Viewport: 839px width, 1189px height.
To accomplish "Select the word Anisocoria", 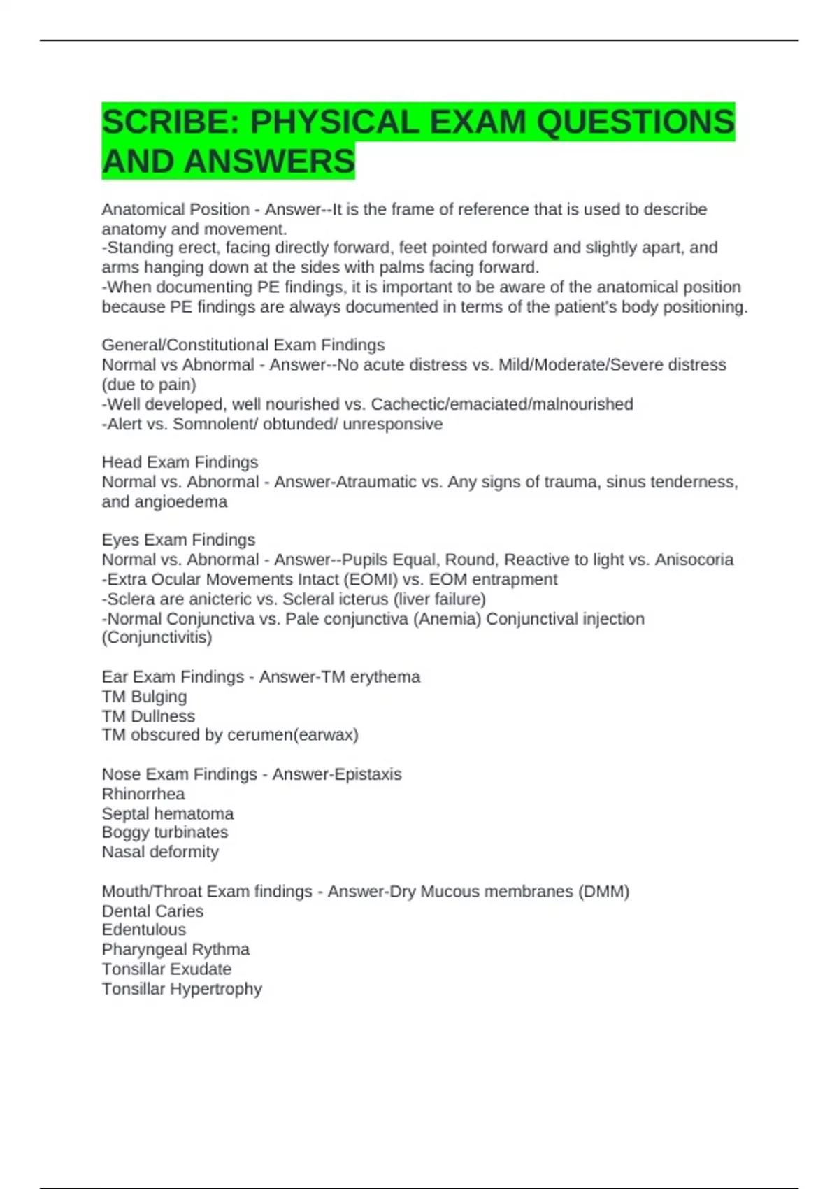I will (694, 560).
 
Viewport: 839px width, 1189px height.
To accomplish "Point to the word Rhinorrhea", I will (143, 794).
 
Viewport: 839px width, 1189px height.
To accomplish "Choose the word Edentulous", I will (144, 930).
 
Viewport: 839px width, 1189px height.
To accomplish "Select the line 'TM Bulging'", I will (145, 697).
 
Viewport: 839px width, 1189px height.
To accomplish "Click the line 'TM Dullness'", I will (148, 716).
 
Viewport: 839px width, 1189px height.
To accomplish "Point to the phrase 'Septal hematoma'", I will (168, 813).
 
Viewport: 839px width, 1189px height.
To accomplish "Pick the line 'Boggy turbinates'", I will (165, 832).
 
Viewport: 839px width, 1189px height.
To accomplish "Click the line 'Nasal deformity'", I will (160, 852).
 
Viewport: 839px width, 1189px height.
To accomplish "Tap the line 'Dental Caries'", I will (152, 911).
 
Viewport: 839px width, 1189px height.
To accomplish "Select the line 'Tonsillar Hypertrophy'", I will (182, 989).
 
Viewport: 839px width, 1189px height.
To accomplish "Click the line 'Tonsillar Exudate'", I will (166, 969).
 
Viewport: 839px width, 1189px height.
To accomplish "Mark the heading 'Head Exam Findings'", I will (180, 462).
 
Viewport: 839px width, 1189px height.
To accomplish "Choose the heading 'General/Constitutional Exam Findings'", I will (243, 345).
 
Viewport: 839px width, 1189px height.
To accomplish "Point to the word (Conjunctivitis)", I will (157, 637).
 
